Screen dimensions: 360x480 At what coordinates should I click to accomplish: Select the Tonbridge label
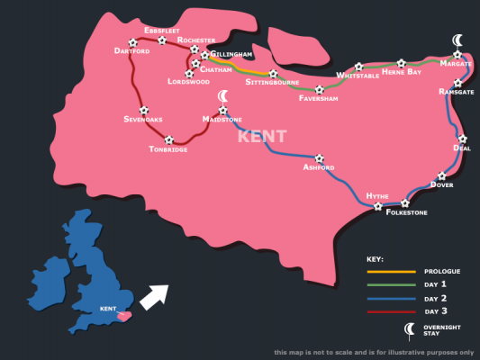click(168, 149)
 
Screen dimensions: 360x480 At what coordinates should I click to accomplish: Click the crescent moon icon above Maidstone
click(222, 96)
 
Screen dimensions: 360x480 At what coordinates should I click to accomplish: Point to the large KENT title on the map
click(262, 137)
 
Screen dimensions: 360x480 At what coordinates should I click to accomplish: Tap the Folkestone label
click(406, 212)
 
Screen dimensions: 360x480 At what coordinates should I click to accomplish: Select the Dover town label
click(441, 184)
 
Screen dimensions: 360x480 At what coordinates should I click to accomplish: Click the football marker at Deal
click(463, 139)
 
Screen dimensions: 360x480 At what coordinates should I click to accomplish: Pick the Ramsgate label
click(458, 92)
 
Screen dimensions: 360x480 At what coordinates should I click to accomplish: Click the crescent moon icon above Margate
click(458, 40)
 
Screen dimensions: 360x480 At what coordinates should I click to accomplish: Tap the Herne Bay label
click(401, 72)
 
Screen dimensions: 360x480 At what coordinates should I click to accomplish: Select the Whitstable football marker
click(358, 66)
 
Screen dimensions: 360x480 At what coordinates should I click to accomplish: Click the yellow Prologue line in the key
click(391, 271)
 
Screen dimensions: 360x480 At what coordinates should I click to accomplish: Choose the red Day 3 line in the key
click(391, 311)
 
